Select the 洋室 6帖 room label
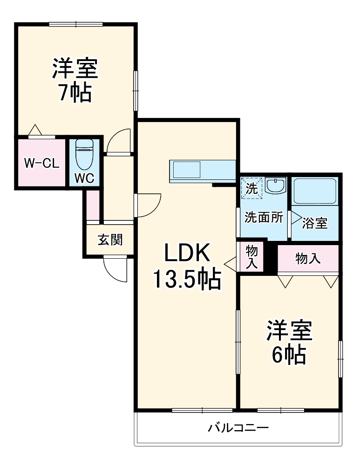289,343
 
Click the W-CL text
41,163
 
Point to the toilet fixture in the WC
84,156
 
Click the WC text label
85,178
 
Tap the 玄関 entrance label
110,240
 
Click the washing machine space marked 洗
251,188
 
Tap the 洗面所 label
264,218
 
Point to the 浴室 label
315,223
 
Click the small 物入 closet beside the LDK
251,256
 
